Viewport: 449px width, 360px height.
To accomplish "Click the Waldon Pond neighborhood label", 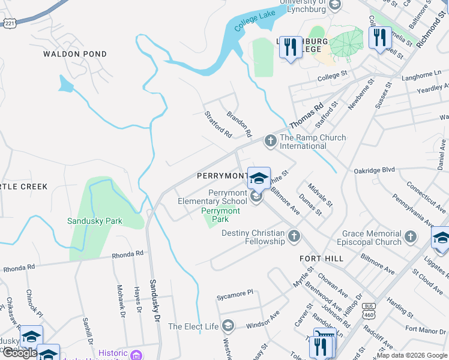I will [x=75, y=54].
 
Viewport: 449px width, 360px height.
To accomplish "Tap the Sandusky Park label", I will [x=94, y=221].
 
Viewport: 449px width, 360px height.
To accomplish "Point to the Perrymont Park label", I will [x=220, y=215].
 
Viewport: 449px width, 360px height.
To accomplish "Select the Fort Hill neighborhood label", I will [x=321, y=258].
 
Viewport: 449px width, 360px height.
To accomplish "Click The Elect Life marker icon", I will [x=228, y=326].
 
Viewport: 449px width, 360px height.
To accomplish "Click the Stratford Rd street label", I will [x=217, y=124].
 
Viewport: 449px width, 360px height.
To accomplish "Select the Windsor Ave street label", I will [x=263, y=317].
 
